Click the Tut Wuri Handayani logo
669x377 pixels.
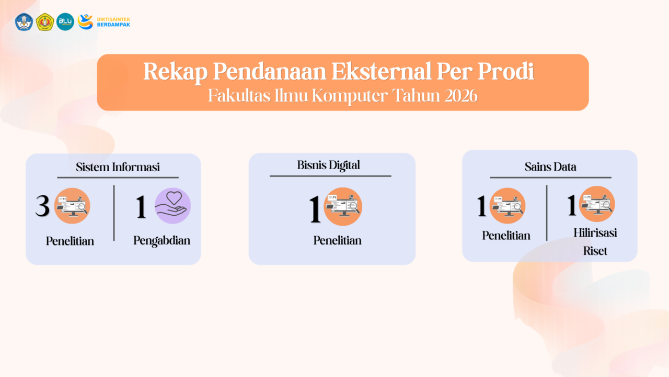tap(24, 21)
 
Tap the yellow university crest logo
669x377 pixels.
tap(45, 21)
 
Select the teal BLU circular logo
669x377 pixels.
tap(65, 21)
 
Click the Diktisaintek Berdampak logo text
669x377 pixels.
tap(113, 21)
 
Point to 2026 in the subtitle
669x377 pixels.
tap(459, 96)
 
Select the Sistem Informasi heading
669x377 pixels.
tap(118, 167)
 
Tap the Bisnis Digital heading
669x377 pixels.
tap(329, 165)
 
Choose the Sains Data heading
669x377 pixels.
tap(550, 167)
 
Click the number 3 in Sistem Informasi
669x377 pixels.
tap(42, 206)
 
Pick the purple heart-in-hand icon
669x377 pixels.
tap(172, 206)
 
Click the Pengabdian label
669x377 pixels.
tap(162, 240)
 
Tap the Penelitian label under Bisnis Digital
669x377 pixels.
tap(338, 240)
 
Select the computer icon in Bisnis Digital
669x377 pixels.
tap(343, 206)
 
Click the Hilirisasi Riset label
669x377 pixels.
tap(595, 241)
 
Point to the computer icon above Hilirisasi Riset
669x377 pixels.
tap(597, 204)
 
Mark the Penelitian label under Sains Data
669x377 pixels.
tap(506, 236)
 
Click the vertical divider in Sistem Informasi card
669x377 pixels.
tap(114, 213)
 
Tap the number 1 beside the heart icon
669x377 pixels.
tap(141, 206)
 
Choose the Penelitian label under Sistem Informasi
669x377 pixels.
tap(70, 241)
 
